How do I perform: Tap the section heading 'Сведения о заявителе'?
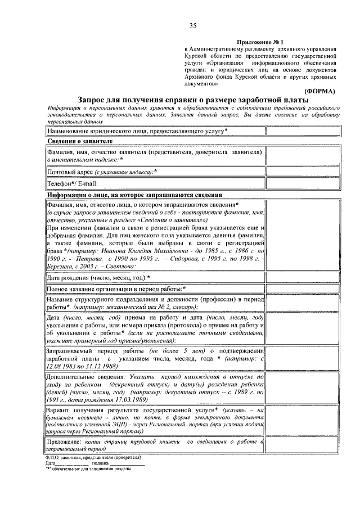tap(80, 141)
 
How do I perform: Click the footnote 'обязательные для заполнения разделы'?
tap(88, 468)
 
